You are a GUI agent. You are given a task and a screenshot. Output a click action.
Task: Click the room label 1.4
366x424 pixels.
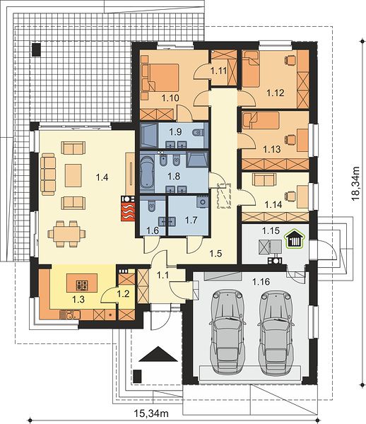(102, 177)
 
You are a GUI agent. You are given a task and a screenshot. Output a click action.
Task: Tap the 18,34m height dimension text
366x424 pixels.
(356, 183)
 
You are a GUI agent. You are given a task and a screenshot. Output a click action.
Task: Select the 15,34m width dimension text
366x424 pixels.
(151, 413)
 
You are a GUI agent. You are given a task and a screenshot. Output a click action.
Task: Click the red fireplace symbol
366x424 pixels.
(128, 208)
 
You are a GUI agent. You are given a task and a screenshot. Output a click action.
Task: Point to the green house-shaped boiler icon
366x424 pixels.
(295, 239)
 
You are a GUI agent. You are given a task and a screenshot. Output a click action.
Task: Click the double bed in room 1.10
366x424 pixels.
(163, 78)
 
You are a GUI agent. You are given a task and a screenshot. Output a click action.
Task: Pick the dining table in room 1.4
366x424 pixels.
(66, 234)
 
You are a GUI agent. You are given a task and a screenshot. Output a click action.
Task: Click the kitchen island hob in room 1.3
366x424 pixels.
(82, 285)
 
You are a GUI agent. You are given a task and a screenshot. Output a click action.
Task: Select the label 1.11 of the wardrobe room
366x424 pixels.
(218, 71)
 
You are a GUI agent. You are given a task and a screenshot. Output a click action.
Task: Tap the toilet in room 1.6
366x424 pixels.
(151, 206)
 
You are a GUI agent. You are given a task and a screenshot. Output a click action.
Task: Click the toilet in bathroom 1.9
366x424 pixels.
(198, 133)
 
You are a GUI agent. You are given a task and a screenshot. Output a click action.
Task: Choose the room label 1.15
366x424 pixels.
(271, 230)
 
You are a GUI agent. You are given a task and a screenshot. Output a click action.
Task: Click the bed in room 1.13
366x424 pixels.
(260, 121)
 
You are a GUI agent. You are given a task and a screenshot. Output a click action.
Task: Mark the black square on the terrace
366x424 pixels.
(36, 49)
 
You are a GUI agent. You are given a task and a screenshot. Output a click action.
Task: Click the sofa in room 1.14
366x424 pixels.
(264, 179)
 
